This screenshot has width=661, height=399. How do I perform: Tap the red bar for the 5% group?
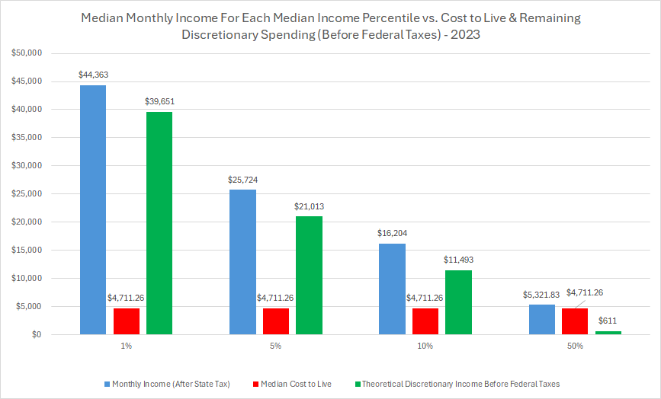(276, 321)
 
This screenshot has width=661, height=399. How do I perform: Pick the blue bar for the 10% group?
(393, 289)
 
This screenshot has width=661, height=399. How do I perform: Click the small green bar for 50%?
(608, 333)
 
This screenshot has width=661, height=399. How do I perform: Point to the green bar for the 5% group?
(309, 275)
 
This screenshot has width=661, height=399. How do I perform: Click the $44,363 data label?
(93, 75)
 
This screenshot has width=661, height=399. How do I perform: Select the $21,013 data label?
(309, 206)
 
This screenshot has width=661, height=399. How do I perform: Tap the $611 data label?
(608, 321)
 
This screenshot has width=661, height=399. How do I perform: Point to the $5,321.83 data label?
(542, 295)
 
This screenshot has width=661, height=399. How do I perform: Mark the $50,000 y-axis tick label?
(27, 53)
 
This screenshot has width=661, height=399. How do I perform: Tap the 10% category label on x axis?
(425, 346)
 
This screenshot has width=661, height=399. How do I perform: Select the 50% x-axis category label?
(575, 346)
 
